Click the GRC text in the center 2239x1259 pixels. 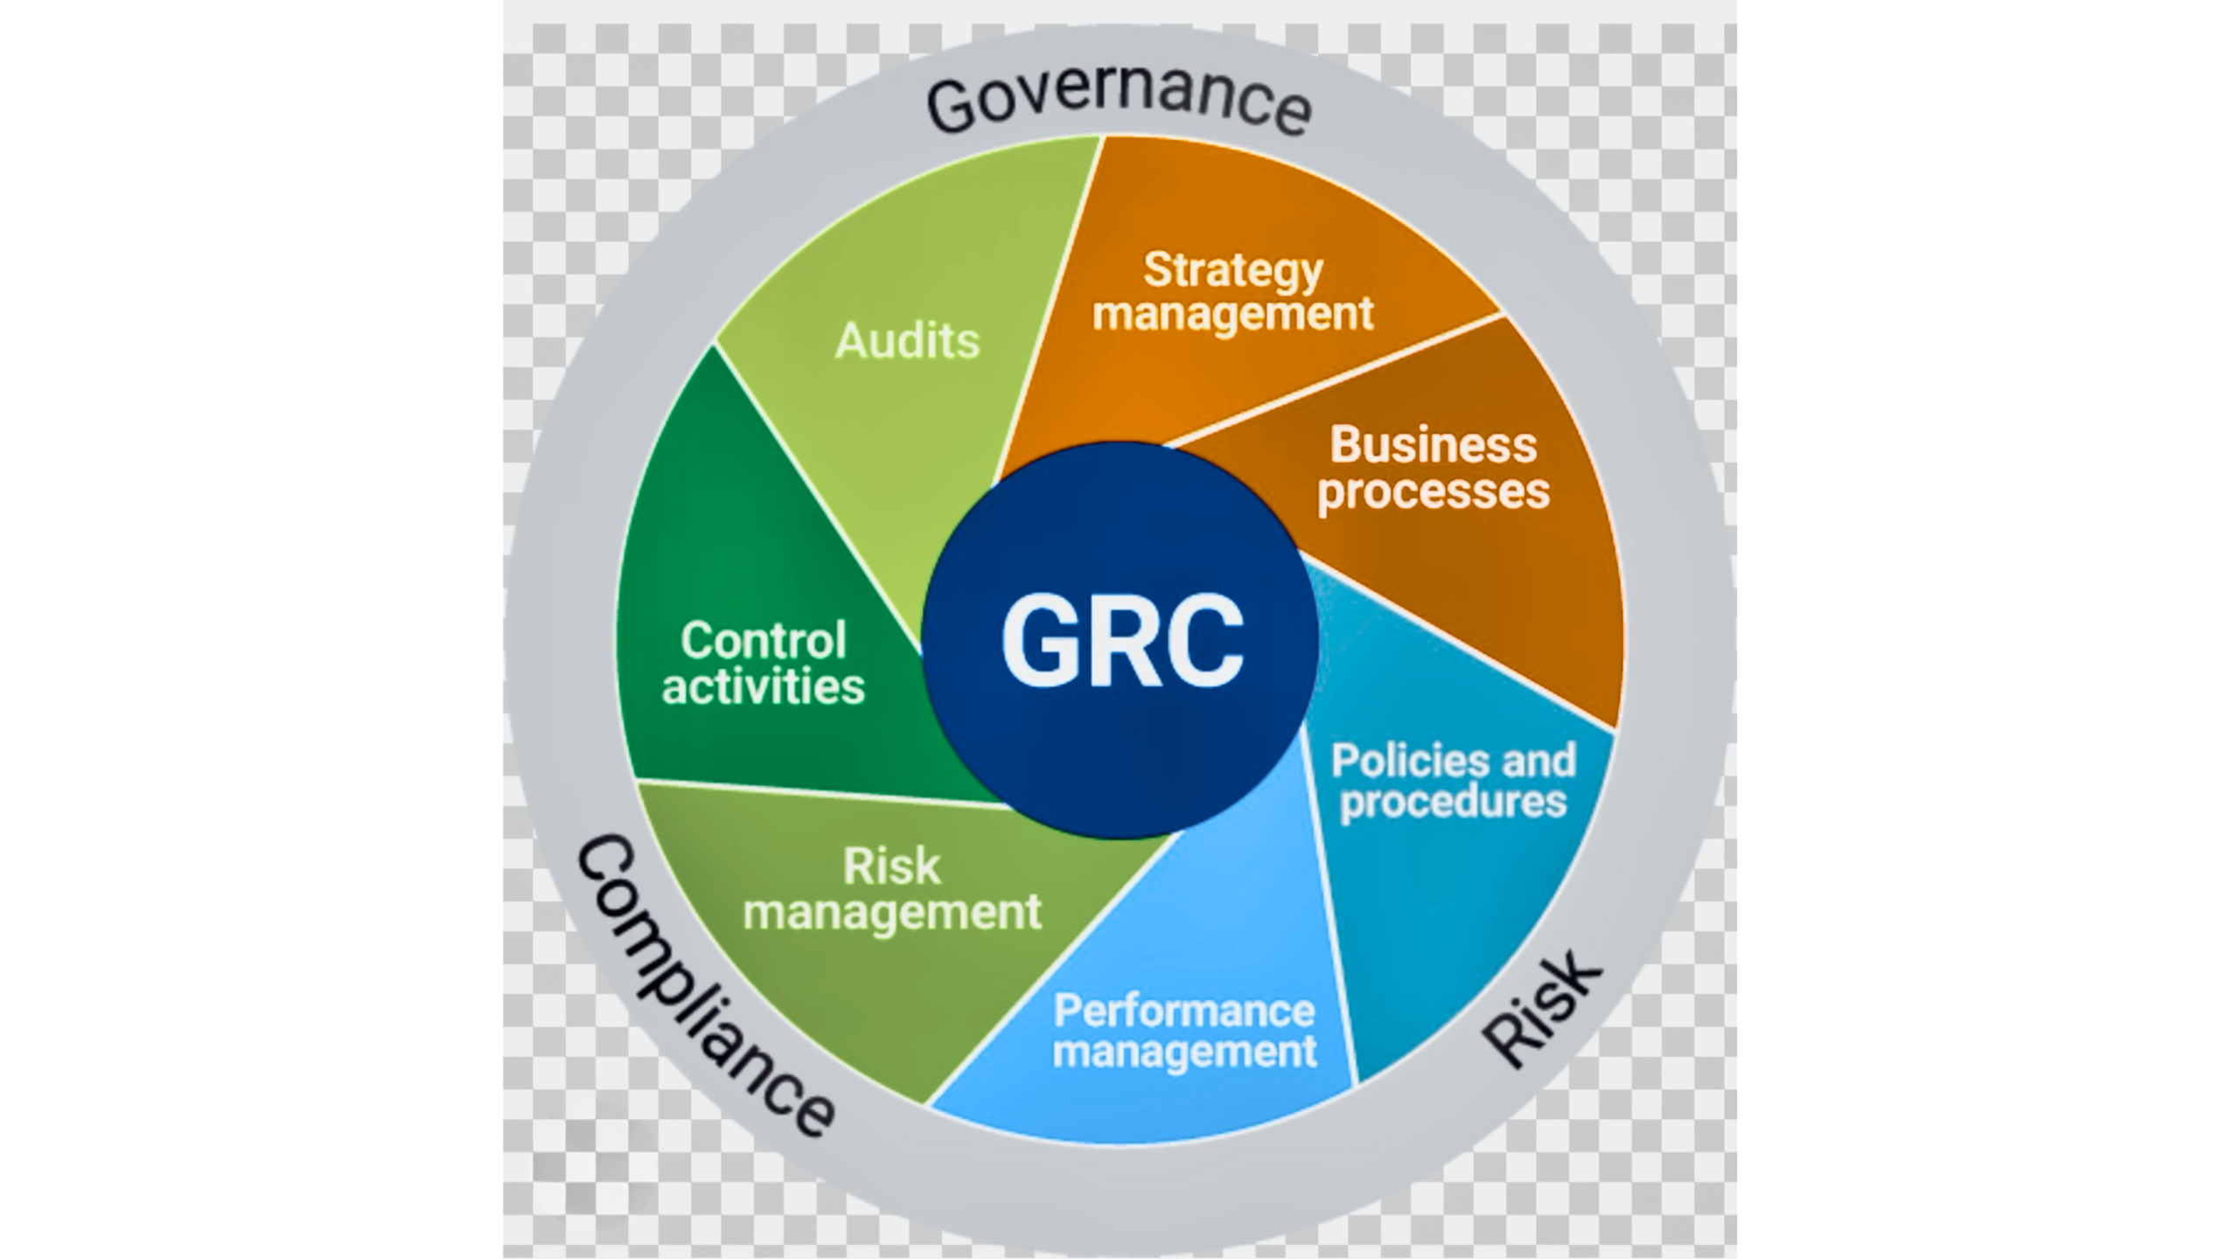[x=1122, y=641]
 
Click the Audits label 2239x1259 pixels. [x=907, y=340]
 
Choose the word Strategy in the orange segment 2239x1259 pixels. [x=1233, y=270]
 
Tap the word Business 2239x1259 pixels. [x=1433, y=445]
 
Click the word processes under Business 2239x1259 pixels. [x=1433, y=491]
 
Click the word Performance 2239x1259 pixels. [x=1184, y=1012]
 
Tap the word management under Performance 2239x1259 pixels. [x=1184, y=1052]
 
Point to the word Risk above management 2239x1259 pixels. [x=891, y=866]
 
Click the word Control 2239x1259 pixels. [x=764, y=641]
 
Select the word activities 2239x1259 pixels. [x=764, y=686]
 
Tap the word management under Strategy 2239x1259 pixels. [x=1233, y=314]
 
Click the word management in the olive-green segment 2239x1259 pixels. [x=892, y=913]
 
